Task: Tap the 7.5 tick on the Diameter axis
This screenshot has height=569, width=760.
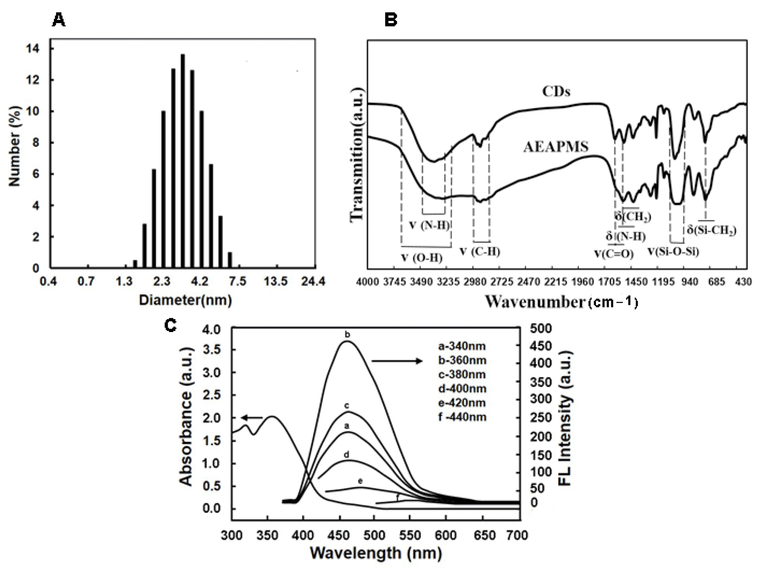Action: click(x=237, y=281)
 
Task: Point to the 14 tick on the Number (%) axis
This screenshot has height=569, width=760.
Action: click(x=33, y=48)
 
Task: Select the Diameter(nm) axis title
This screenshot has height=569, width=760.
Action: click(x=185, y=300)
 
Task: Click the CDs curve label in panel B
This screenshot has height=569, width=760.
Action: click(x=556, y=91)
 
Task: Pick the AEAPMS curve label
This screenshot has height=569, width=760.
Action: click(x=556, y=147)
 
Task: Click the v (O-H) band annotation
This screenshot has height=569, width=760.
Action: click(x=422, y=258)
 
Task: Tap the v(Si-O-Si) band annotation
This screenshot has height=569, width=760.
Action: click(x=673, y=252)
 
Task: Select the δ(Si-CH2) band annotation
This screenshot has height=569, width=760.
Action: click(x=712, y=230)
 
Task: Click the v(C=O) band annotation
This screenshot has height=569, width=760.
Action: click(x=614, y=254)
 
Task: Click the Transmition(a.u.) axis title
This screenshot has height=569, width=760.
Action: click(x=357, y=155)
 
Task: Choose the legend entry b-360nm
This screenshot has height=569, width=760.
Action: click(x=462, y=360)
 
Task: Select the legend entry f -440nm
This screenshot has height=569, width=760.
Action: click(x=462, y=417)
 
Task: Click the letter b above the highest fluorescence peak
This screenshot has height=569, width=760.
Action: click(x=347, y=334)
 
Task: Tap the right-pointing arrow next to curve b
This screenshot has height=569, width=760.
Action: click(x=397, y=361)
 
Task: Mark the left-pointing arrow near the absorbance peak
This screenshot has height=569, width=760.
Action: click(x=252, y=418)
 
